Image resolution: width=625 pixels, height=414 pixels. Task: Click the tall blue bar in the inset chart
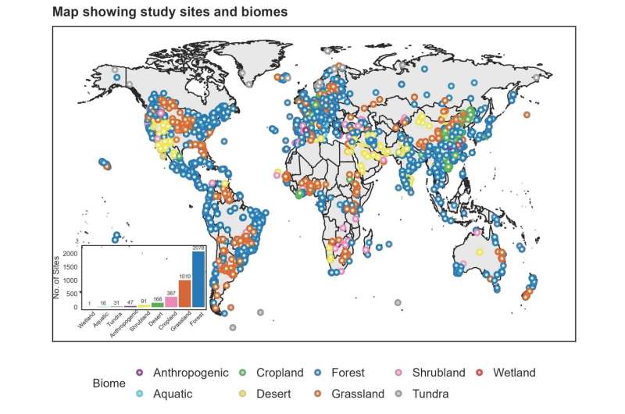(198, 279)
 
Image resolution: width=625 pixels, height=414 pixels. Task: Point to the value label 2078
(198, 248)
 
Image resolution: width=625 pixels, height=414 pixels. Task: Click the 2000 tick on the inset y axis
(69, 253)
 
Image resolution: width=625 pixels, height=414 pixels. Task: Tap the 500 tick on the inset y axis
(71, 294)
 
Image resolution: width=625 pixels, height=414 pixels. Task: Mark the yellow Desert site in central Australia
(479, 252)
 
